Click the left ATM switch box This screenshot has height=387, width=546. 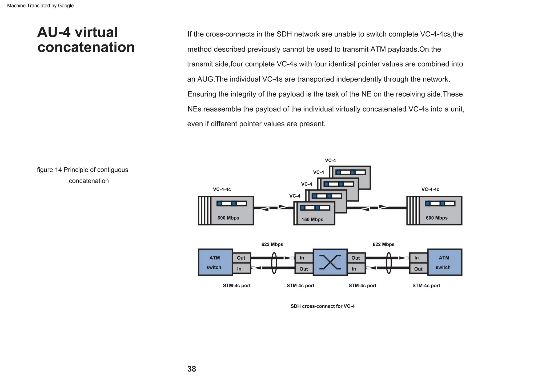215,262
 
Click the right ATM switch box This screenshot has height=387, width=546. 444,262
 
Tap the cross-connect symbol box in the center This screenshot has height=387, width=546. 330,262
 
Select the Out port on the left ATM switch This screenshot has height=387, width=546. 241,258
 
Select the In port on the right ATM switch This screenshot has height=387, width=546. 418,258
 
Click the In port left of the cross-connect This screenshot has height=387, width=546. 304,258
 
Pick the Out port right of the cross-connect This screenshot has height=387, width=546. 356,258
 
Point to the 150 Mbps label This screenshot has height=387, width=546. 312,220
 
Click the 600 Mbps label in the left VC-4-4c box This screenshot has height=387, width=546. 228,218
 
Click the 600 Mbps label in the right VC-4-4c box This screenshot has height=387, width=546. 436,218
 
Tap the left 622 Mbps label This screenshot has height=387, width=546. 272,244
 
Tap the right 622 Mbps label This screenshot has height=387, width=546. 383,244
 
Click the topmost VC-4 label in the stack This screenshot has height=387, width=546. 330,160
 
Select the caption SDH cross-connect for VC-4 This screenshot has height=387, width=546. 322,306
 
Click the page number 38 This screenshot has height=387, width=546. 191,369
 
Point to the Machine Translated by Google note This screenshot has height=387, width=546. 40,6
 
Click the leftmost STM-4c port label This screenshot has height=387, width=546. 236,286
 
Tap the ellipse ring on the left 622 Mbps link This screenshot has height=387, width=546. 274,263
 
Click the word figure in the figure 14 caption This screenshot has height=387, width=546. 45,170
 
